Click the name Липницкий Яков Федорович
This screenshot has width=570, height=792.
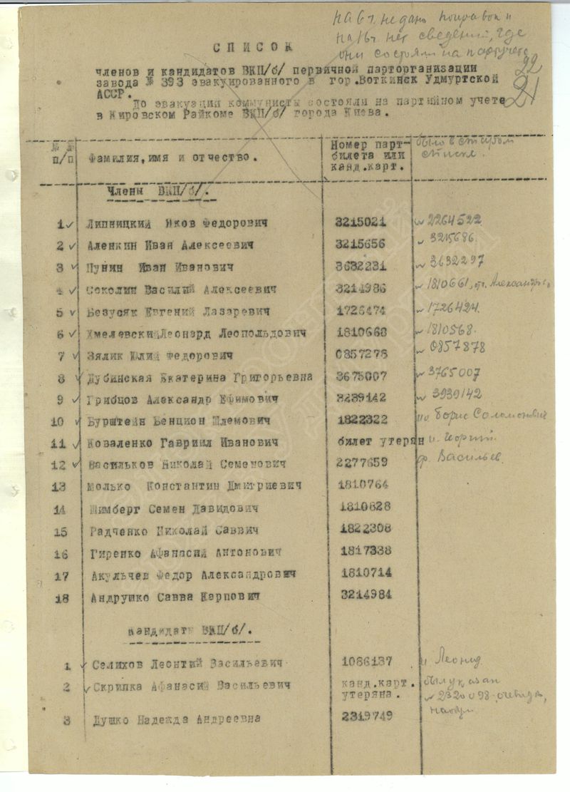click(176, 223)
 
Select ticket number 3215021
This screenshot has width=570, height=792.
click(361, 222)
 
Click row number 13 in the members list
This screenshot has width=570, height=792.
click(59, 486)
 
